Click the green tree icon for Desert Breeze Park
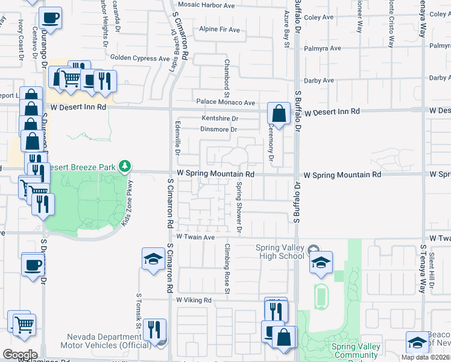tap(125, 165)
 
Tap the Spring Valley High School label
tap(280, 252)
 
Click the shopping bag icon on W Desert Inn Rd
tap(279, 112)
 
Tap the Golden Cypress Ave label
tap(140, 59)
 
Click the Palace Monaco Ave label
tap(224, 103)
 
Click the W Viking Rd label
tap(194, 300)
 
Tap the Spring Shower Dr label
tap(239, 208)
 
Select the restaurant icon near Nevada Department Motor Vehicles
tap(156, 330)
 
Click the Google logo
tap(20, 354)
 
